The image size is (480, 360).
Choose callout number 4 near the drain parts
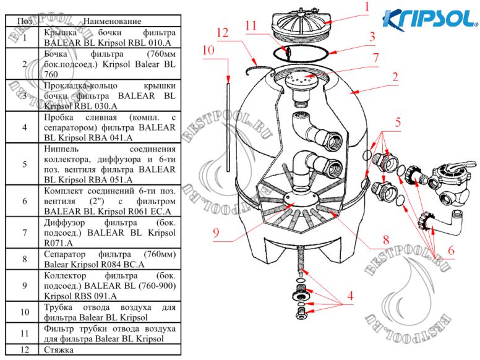[x=350, y=297]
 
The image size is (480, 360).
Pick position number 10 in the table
[x=24, y=312]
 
